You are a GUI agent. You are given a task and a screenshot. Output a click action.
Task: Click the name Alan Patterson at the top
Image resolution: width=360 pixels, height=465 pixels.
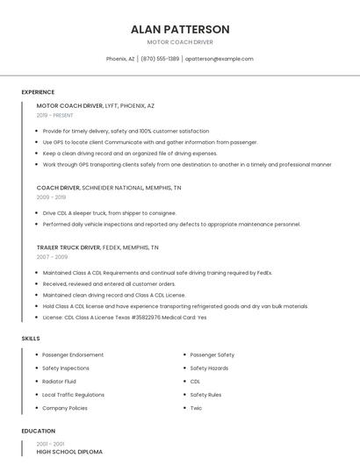click(x=180, y=29)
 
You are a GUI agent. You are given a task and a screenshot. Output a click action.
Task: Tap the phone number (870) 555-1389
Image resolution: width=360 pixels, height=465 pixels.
click(x=160, y=59)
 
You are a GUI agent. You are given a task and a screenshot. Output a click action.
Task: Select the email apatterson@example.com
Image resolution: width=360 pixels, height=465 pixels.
click(x=220, y=59)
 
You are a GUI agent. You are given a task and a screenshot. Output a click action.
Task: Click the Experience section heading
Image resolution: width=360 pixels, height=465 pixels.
click(x=38, y=92)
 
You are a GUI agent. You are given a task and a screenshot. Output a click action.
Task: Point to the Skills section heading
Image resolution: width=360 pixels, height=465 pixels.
click(x=31, y=338)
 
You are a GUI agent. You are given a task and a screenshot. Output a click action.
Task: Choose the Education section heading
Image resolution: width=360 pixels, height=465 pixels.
click(x=39, y=432)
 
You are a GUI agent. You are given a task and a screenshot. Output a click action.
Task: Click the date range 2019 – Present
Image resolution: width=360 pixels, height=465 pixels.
click(x=55, y=115)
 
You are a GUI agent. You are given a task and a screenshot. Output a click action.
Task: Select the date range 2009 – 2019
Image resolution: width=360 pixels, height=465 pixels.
click(x=51, y=197)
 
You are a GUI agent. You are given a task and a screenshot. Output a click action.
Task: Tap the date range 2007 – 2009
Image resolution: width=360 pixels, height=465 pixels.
click(x=52, y=257)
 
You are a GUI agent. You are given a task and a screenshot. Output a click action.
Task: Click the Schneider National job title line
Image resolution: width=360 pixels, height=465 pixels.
click(x=109, y=188)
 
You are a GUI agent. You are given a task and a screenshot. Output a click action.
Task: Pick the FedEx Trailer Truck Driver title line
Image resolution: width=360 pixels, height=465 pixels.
click(x=97, y=247)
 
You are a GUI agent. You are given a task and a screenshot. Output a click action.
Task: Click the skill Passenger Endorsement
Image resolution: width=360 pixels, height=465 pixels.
click(x=74, y=355)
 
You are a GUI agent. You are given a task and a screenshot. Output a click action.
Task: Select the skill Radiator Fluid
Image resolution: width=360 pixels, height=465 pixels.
click(x=59, y=382)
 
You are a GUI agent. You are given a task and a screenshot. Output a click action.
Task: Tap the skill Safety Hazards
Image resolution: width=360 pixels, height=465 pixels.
click(x=209, y=368)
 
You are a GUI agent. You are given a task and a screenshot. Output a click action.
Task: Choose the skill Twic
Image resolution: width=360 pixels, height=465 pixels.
click(x=196, y=408)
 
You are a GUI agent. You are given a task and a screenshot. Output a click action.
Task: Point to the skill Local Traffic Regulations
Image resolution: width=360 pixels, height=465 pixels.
click(x=73, y=395)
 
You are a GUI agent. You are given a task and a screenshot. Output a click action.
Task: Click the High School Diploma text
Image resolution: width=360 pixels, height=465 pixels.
click(x=69, y=452)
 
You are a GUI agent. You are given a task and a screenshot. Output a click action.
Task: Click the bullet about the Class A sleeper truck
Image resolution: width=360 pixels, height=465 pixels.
click(x=109, y=213)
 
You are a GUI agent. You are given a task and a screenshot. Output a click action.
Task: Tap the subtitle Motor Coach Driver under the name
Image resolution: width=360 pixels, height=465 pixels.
click(x=180, y=42)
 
